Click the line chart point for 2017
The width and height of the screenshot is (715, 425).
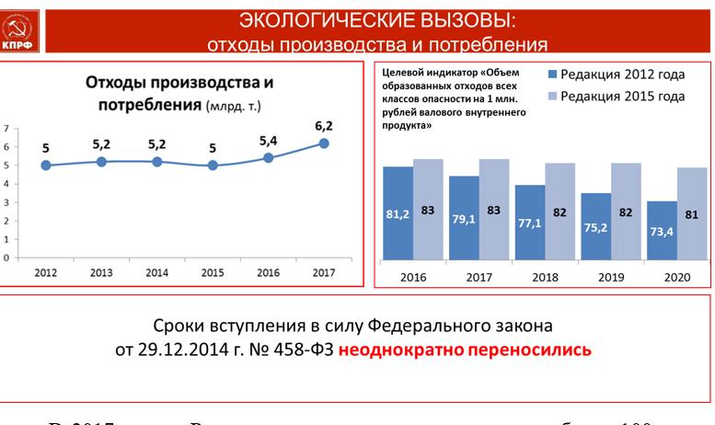coord(324,143)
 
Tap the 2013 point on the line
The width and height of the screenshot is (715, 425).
coord(101,161)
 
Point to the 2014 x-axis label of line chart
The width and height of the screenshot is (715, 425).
coord(156,272)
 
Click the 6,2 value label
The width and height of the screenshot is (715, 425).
coord(323,126)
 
